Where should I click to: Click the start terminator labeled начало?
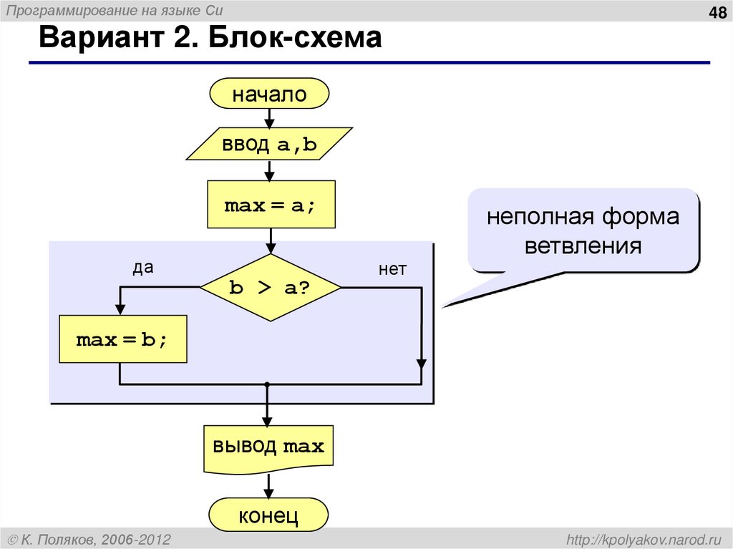(269, 94)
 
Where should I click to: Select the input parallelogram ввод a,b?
(269, 144)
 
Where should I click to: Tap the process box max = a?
(270, 205)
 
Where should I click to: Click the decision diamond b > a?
(270, 287)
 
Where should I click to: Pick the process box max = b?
(122, 339)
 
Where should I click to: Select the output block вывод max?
(268, 447)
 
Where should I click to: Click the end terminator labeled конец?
(268, 515)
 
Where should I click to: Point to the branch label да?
(143, 268)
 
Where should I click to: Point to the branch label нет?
(392, 269)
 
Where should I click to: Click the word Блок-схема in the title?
(295, 39)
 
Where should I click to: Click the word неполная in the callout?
(540, 217)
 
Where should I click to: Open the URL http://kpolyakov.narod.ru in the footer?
(644, 538)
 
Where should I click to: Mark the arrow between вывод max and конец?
(268, 486)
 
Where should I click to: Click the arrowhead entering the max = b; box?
(120, 308)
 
